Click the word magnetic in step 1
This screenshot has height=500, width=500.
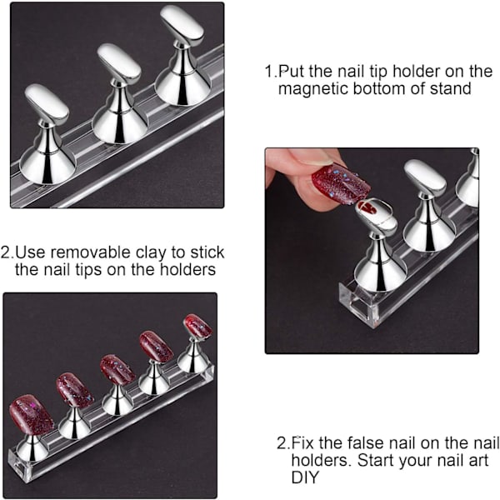(313, 88)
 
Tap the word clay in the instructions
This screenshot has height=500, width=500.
(151, 252)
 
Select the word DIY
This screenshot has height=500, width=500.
(305, 477)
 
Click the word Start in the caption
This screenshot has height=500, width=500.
(375, 460)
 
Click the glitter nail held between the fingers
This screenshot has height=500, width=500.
(341, 182)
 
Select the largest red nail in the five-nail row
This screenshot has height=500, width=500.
(32, 413)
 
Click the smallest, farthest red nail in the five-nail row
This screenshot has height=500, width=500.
(198, 326)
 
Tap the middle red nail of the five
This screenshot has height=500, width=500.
(117, 369)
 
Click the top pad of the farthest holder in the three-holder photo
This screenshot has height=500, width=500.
(182, 24)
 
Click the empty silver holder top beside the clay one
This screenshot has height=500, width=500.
(425, 177)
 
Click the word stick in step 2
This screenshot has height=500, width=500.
(207, 252)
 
